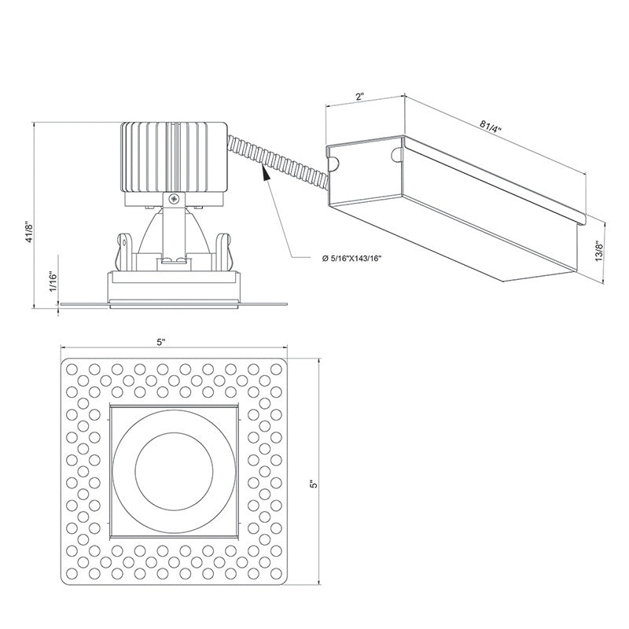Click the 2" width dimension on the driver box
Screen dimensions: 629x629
[359, 97]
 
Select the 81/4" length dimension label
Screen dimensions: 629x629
[493, 126]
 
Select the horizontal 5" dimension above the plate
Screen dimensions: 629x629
[162, 342]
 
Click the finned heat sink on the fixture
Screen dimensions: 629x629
[172, 157]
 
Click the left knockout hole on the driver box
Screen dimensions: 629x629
[333, 163]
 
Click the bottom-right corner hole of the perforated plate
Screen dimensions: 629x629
[276, 572]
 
